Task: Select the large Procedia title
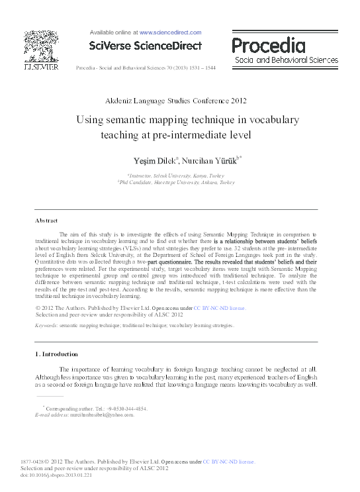[268, 46]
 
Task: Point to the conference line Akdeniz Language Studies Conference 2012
[175, 101]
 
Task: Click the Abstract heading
[46, 220]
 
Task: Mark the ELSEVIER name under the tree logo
[40, 67]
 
